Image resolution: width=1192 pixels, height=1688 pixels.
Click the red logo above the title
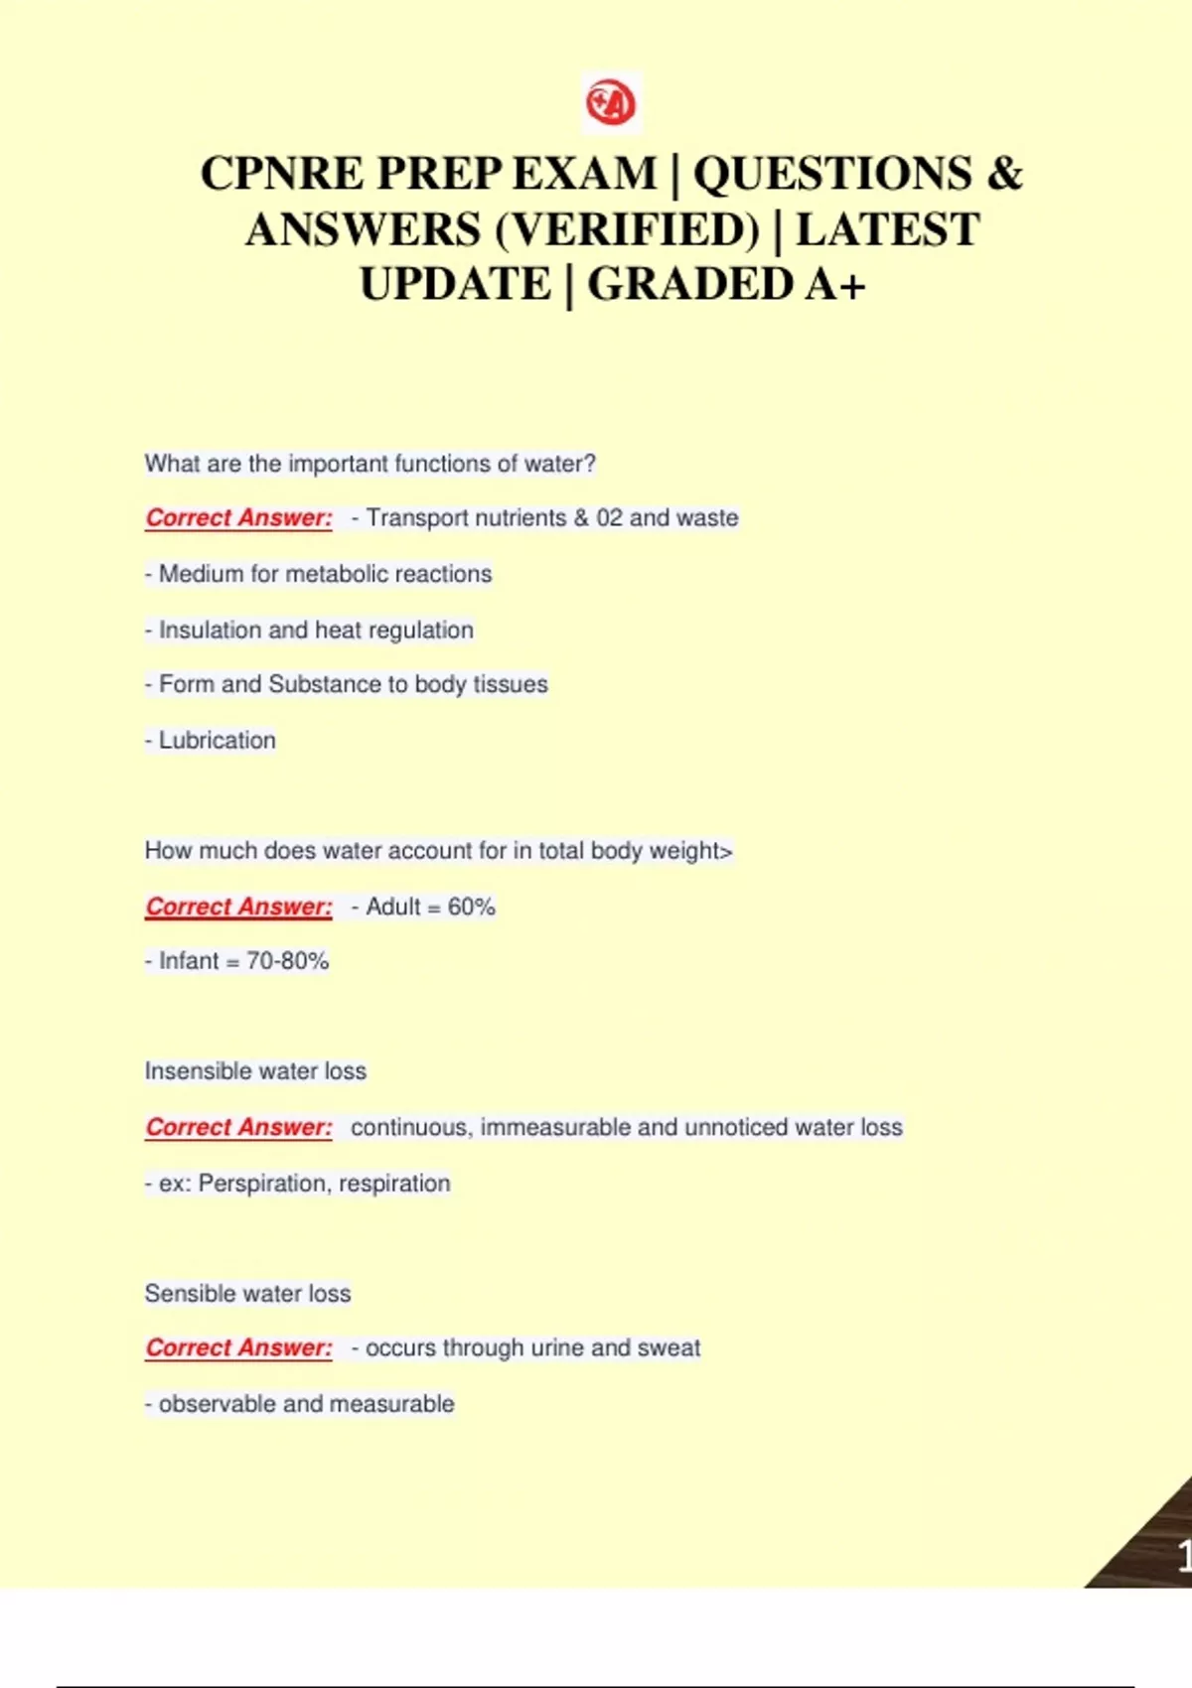(611, 102)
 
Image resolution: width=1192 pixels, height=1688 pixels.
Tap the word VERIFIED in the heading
(627, 230)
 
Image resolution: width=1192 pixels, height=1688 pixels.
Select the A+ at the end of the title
(835, 285)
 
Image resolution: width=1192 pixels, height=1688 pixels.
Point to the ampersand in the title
(1004, 174)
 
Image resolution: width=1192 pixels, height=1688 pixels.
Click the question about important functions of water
(370, 464)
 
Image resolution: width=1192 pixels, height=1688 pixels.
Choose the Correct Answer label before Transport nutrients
(238, 518)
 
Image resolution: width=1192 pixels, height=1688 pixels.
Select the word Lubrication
(217, 741)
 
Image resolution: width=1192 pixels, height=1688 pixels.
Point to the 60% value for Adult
(471, 907)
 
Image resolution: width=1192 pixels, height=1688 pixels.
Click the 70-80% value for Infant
(287, 961)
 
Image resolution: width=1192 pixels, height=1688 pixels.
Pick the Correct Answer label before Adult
(238, 907)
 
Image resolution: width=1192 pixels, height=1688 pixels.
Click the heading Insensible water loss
(255, 1071)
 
